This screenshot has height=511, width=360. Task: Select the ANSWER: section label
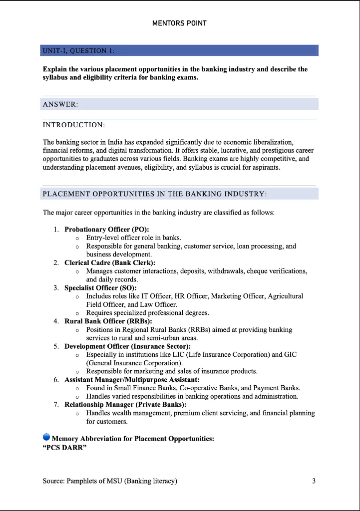tap(60, 104)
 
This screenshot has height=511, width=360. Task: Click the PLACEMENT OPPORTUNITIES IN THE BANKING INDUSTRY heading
tap(155, 194)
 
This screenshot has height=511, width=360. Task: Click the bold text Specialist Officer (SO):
tap(100, 288)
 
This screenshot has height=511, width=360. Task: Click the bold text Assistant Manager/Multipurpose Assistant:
tap(132, 380)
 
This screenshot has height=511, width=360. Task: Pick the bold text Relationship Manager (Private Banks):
tap(125, 404)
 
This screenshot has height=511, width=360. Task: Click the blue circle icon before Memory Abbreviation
tap(46, 438)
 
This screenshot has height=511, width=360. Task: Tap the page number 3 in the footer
tap(314, 481)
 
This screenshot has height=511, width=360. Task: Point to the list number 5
tap(56, 346)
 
